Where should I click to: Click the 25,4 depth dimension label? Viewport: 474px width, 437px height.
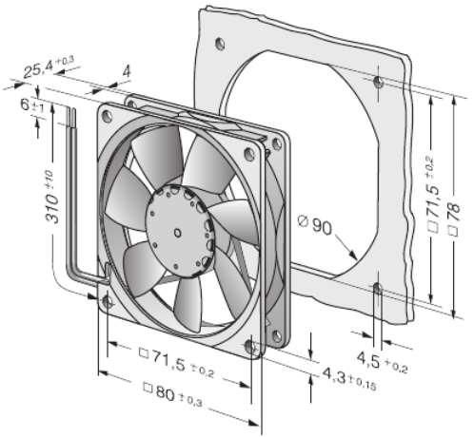(49, 66)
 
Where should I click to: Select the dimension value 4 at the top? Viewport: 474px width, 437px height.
(127, 71)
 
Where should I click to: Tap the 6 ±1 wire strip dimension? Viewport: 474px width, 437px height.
(32, 104)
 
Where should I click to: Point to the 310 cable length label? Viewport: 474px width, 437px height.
(51, 197)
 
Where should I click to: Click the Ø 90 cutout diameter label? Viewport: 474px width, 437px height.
(315, 224)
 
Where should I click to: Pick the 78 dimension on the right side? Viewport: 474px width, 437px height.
(454, 219)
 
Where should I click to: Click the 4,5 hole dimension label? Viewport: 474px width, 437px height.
(382, 362)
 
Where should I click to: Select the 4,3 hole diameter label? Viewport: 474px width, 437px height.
(349, 378)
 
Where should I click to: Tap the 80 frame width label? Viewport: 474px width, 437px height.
(173, 394)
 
